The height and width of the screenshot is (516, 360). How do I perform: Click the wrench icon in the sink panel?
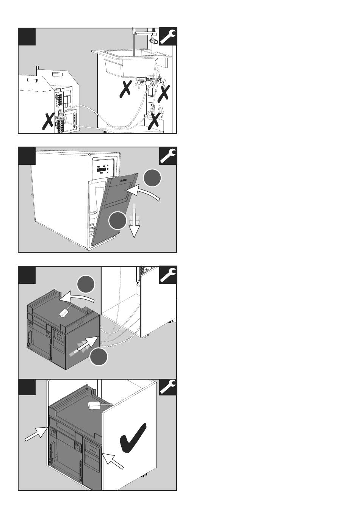pos(168,37)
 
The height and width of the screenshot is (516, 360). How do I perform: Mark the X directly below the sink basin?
pos(126,88)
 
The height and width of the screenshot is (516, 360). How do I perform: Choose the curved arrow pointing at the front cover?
pos(146,193)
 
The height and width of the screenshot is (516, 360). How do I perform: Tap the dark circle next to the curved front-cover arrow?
pos(152,178)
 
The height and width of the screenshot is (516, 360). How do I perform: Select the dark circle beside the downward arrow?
pos(118,220)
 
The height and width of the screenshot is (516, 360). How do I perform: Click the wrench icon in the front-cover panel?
pos(168,156)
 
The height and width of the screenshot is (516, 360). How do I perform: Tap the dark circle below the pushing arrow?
pos(99,357)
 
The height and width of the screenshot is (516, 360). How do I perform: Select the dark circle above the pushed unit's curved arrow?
pos(86,285)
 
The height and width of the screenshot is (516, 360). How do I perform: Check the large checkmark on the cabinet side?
pos(132,438)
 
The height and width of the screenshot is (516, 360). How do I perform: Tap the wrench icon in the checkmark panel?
pos(168,387)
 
